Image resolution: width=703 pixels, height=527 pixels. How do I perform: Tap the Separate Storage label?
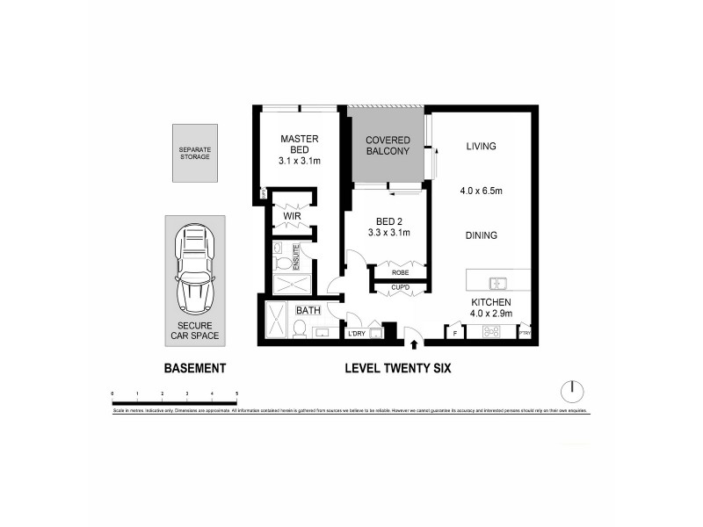pyautogui.click(x=194, y=153)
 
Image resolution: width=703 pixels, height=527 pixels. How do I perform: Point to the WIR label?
pyautogui.click(x=292, y=215)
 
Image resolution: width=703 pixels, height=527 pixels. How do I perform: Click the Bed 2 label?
pyautogui.click(x=388, y=225)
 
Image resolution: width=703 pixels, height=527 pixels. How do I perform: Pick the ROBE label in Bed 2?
pyautogui.click(x=399, y=272)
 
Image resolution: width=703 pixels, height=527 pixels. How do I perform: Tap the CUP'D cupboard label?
pyautogui.click(x=399, y=287)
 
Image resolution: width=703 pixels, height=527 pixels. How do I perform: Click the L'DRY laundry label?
pyautogui.click(x=357, y=333)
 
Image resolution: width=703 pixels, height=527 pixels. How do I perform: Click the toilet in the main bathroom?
pyautogui.click(x=298, y=329)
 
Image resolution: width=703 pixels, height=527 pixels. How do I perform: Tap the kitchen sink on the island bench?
pyautogui.click(x=498, y=283)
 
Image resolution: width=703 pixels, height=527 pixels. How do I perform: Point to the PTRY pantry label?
pyautogui.click(x=525, y=334)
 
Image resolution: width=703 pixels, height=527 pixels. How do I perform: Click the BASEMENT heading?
pyautogui.click(x=195, y=369)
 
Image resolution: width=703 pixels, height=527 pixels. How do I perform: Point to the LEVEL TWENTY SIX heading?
pyautogui.click(x=398, y=369)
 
